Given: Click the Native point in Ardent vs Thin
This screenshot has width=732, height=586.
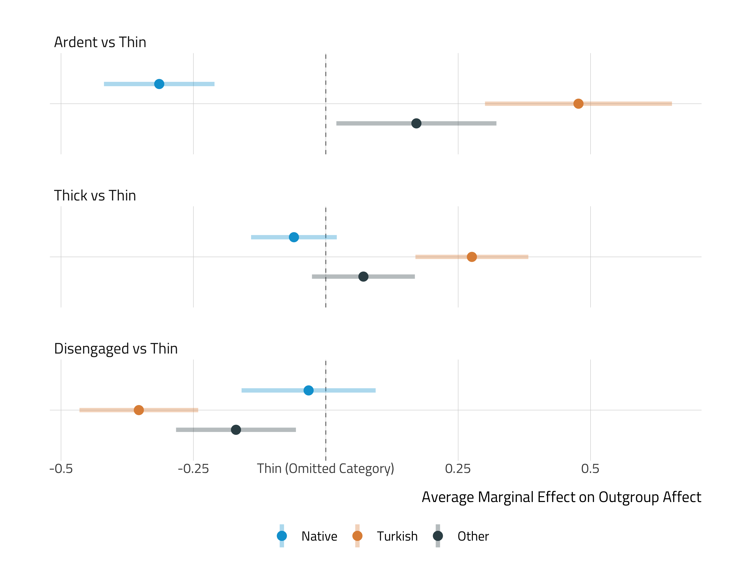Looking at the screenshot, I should coord(159,84).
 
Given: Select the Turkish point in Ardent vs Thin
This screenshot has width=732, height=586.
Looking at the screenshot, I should coord(578,104).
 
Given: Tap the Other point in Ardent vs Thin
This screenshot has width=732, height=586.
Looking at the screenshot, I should coord(416,123).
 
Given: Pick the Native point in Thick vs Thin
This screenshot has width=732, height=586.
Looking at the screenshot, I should coord(294,237).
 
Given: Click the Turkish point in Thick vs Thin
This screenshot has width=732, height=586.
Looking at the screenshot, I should coord(472,257).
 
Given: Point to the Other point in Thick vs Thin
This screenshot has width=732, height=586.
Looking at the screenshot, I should coord(363,277).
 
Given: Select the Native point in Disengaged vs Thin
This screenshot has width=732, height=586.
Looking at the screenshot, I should coord(308,390).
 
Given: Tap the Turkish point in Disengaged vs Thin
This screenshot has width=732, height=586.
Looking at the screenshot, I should coord(139,410).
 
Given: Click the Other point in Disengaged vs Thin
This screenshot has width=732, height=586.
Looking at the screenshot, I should coord(236,430).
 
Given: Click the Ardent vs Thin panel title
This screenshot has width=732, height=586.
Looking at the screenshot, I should coord(100,42).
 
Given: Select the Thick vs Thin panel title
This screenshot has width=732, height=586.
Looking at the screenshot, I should coord(95,196).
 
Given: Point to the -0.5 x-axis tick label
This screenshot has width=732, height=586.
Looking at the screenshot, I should coord(61,469).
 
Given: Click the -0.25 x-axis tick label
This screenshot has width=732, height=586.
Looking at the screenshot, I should coord(193,469).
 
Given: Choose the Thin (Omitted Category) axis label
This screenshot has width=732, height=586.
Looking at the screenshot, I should coord(325,469).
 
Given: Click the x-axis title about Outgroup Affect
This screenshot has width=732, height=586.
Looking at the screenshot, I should coord(561,497).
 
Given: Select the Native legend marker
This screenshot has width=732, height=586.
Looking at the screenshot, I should coord(282,536).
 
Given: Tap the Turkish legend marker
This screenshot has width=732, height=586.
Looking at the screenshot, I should coord(357,536).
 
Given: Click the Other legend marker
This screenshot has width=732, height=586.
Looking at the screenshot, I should coord(438,536).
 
